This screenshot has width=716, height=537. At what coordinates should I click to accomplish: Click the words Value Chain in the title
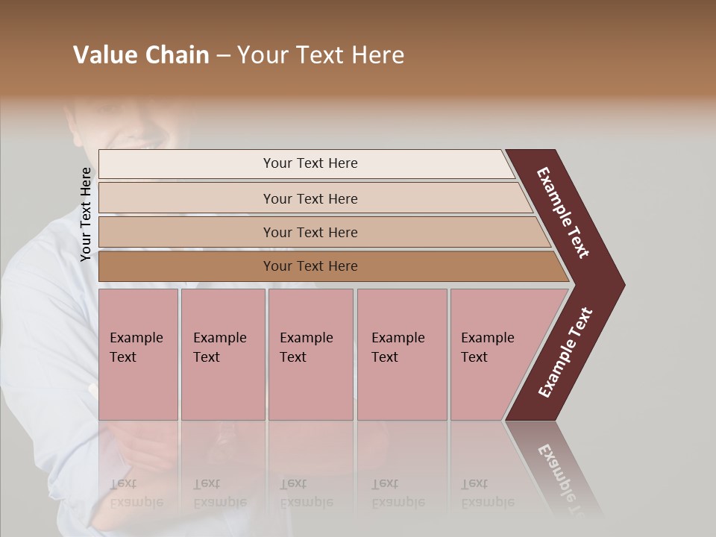click(x=141, y=55)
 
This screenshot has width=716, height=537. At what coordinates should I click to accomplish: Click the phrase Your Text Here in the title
click(x=321, y=55)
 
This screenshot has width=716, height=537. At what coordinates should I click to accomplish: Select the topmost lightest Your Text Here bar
click(x=310, y=163)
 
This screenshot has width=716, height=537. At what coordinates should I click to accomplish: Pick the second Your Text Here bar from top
click(x=310, y=198)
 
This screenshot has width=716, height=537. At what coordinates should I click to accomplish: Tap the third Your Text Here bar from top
click(x=310, y=232)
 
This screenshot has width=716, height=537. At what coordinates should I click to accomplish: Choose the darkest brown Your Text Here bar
click(x=310, y=266)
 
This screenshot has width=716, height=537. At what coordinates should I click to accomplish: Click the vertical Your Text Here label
click(x=86, y=214)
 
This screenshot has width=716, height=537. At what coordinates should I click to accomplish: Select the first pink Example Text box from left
click(x=138, y=354)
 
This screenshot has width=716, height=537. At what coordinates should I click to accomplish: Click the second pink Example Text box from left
click(x=222, y=354)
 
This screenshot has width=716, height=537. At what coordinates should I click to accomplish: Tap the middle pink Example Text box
click(x=310, y=354)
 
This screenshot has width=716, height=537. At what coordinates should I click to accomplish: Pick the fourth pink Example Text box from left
click(x=401, y=354)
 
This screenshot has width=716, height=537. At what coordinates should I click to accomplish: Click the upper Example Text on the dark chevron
click(x=564, y=213)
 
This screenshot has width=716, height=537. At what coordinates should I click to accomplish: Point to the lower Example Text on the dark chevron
click(x=565, y=353)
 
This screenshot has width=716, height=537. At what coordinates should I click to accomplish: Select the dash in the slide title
click(x=223, y=56)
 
